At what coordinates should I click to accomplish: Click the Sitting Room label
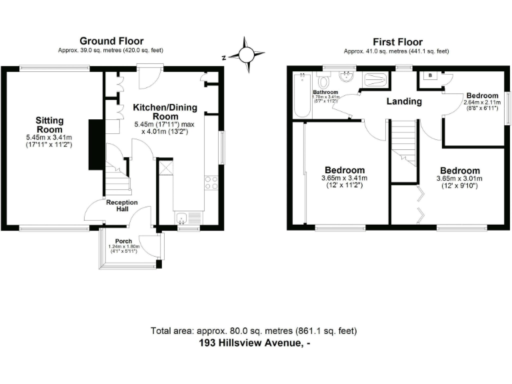pyautogui.click(x=49, y=125)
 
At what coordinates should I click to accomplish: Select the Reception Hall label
pyautogui.click(x=121, y=206)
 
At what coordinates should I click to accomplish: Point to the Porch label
pyautogui.click(x=123, y=241)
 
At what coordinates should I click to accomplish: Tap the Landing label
pyautogui.click(x=405, y=101)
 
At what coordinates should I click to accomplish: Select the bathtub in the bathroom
pyautogui.click(x=301, y=95)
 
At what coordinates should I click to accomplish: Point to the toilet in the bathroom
pyautogui.click(x=325, y=81)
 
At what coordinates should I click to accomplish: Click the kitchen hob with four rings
pyautogui.click(x=212, y=183)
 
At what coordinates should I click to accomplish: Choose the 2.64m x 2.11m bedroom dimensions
pyautogui.click(x=483, y=102)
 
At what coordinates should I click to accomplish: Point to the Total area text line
pyautogui.click(x=254, y=331)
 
